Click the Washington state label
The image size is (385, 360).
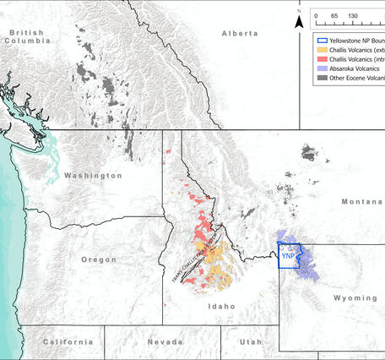click(93, 176)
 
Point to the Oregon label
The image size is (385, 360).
click(98, 259)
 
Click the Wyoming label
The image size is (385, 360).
click(355, 298)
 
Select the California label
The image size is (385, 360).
click(64, 341)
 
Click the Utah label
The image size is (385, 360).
click(249, 341)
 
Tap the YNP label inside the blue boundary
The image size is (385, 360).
click(289, 257)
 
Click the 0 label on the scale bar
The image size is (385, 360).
click(315, 16)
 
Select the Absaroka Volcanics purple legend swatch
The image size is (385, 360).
click(321, 69)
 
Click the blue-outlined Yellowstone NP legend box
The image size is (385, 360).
click(321, 41)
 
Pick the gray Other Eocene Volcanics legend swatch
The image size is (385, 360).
click(321, 79)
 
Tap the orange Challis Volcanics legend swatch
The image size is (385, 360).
click(321, 51)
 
